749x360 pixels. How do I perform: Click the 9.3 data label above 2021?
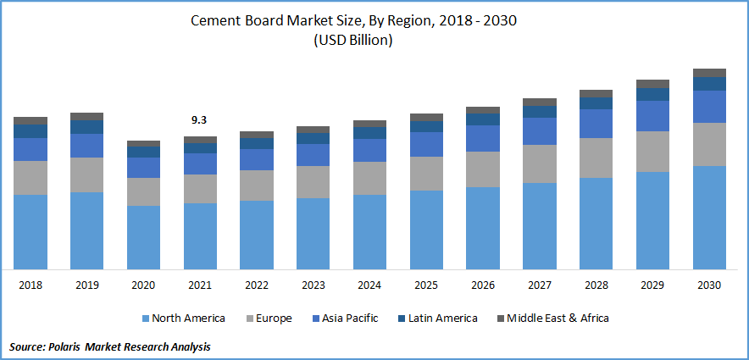click(x=199, y=121)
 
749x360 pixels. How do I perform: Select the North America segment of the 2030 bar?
click(x=709, y=217)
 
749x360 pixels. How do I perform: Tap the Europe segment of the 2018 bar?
click(x=31, y=178)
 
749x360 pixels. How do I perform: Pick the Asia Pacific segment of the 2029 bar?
click(x=652, y=116)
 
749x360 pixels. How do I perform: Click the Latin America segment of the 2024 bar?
click(x=369, y=133)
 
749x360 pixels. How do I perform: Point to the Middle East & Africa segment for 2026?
click(x=483, y=110)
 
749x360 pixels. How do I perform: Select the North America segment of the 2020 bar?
click(x=143, y=237)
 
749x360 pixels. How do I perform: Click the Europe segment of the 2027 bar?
click(x=540, y=163)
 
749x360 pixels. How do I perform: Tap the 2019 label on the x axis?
click(x=86, y=285)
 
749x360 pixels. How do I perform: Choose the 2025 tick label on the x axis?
click(x=426, y=285)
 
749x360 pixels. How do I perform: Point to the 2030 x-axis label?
click(x=709, y=285)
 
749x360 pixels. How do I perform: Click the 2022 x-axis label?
click(x=256, y=285)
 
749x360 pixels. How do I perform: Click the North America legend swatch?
click(x=146, y=318)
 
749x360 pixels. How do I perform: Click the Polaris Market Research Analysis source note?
click(x=109, y=346)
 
